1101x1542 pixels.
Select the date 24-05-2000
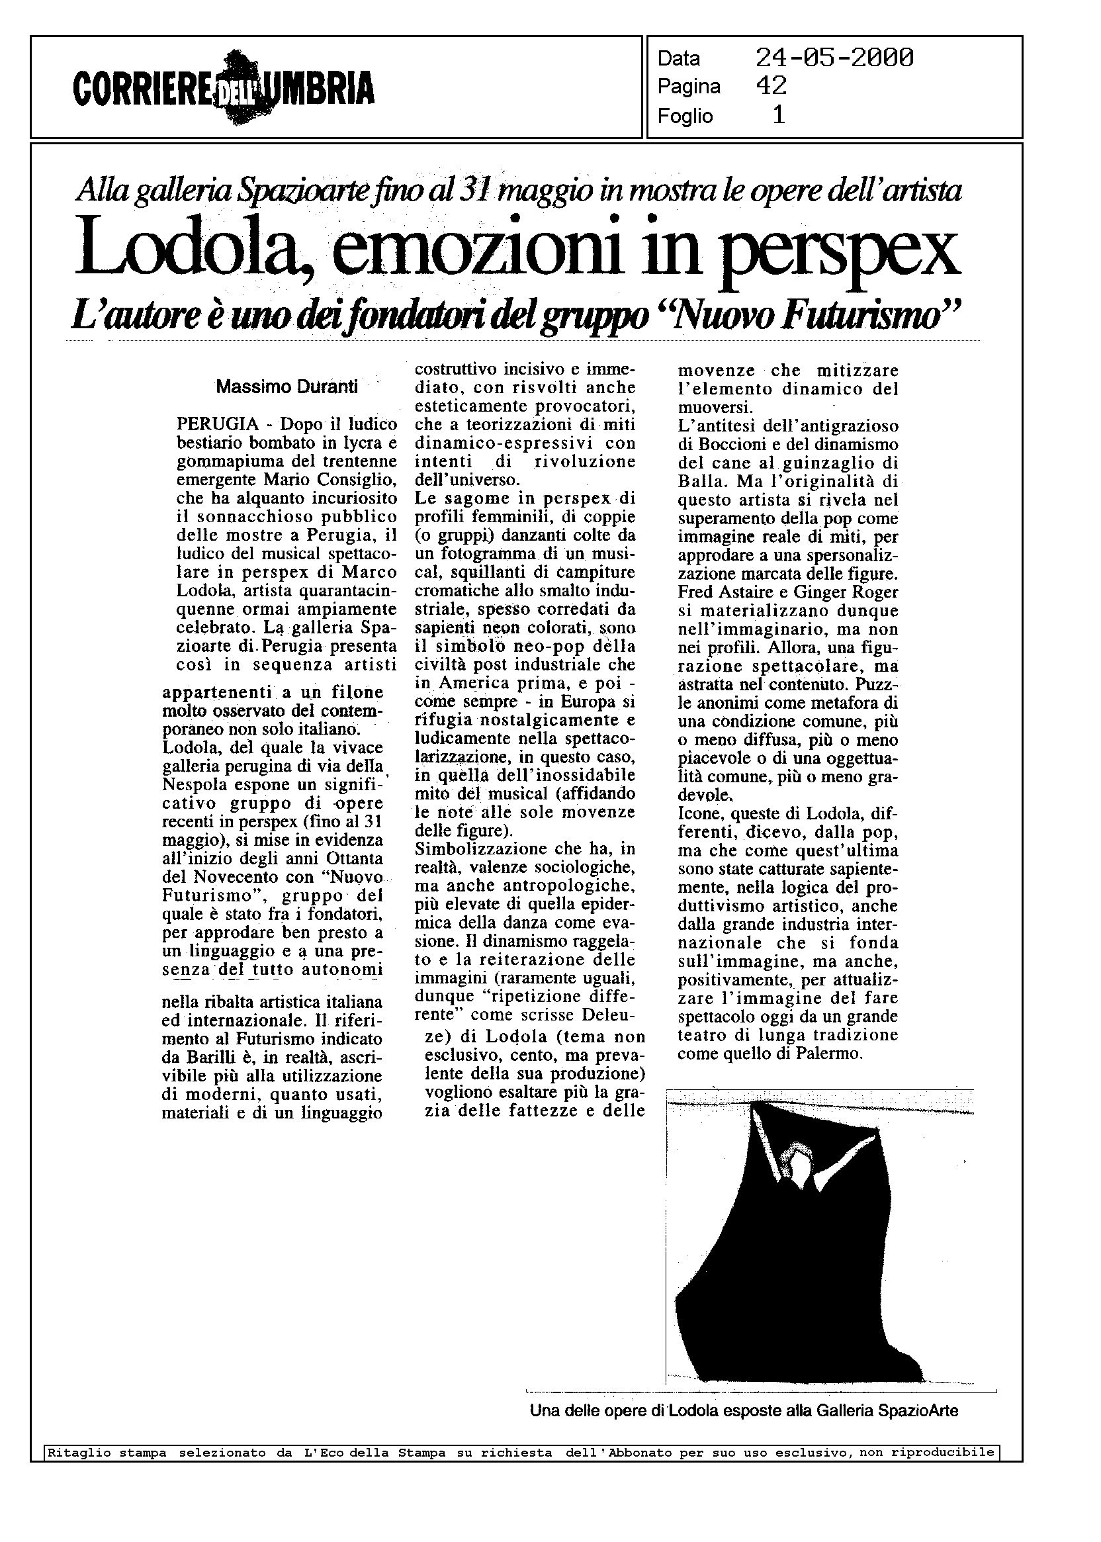click(834, 58)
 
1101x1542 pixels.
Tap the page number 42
click(771, 86)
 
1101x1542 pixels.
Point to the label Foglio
click(685, 116)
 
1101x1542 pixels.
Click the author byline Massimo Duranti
click(286, 388)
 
